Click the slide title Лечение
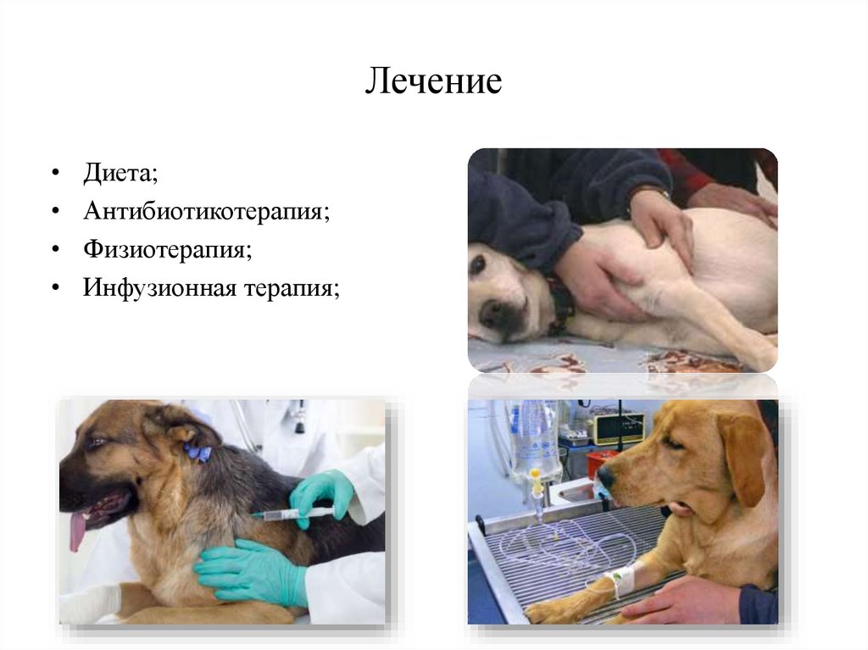434,82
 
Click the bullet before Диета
55,173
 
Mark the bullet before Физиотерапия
55,250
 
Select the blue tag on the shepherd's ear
198,453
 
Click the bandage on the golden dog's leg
622,581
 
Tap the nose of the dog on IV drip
605,479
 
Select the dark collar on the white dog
560,305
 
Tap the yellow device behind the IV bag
617,428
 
